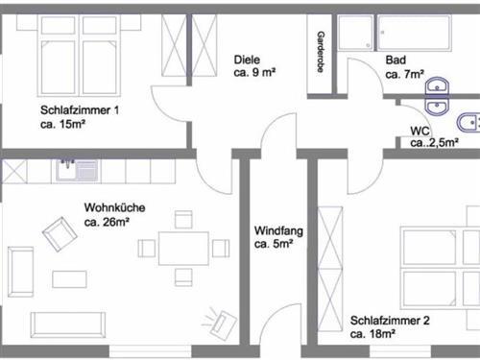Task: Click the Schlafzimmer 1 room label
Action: point(80,110)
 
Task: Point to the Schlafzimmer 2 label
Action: point(389,321)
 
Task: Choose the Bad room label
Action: point(395,60)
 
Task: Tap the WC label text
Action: point(420,131)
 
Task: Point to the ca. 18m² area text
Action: point(372,334)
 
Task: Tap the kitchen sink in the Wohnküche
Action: point(78,171)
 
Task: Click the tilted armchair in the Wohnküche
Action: point(59,231)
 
